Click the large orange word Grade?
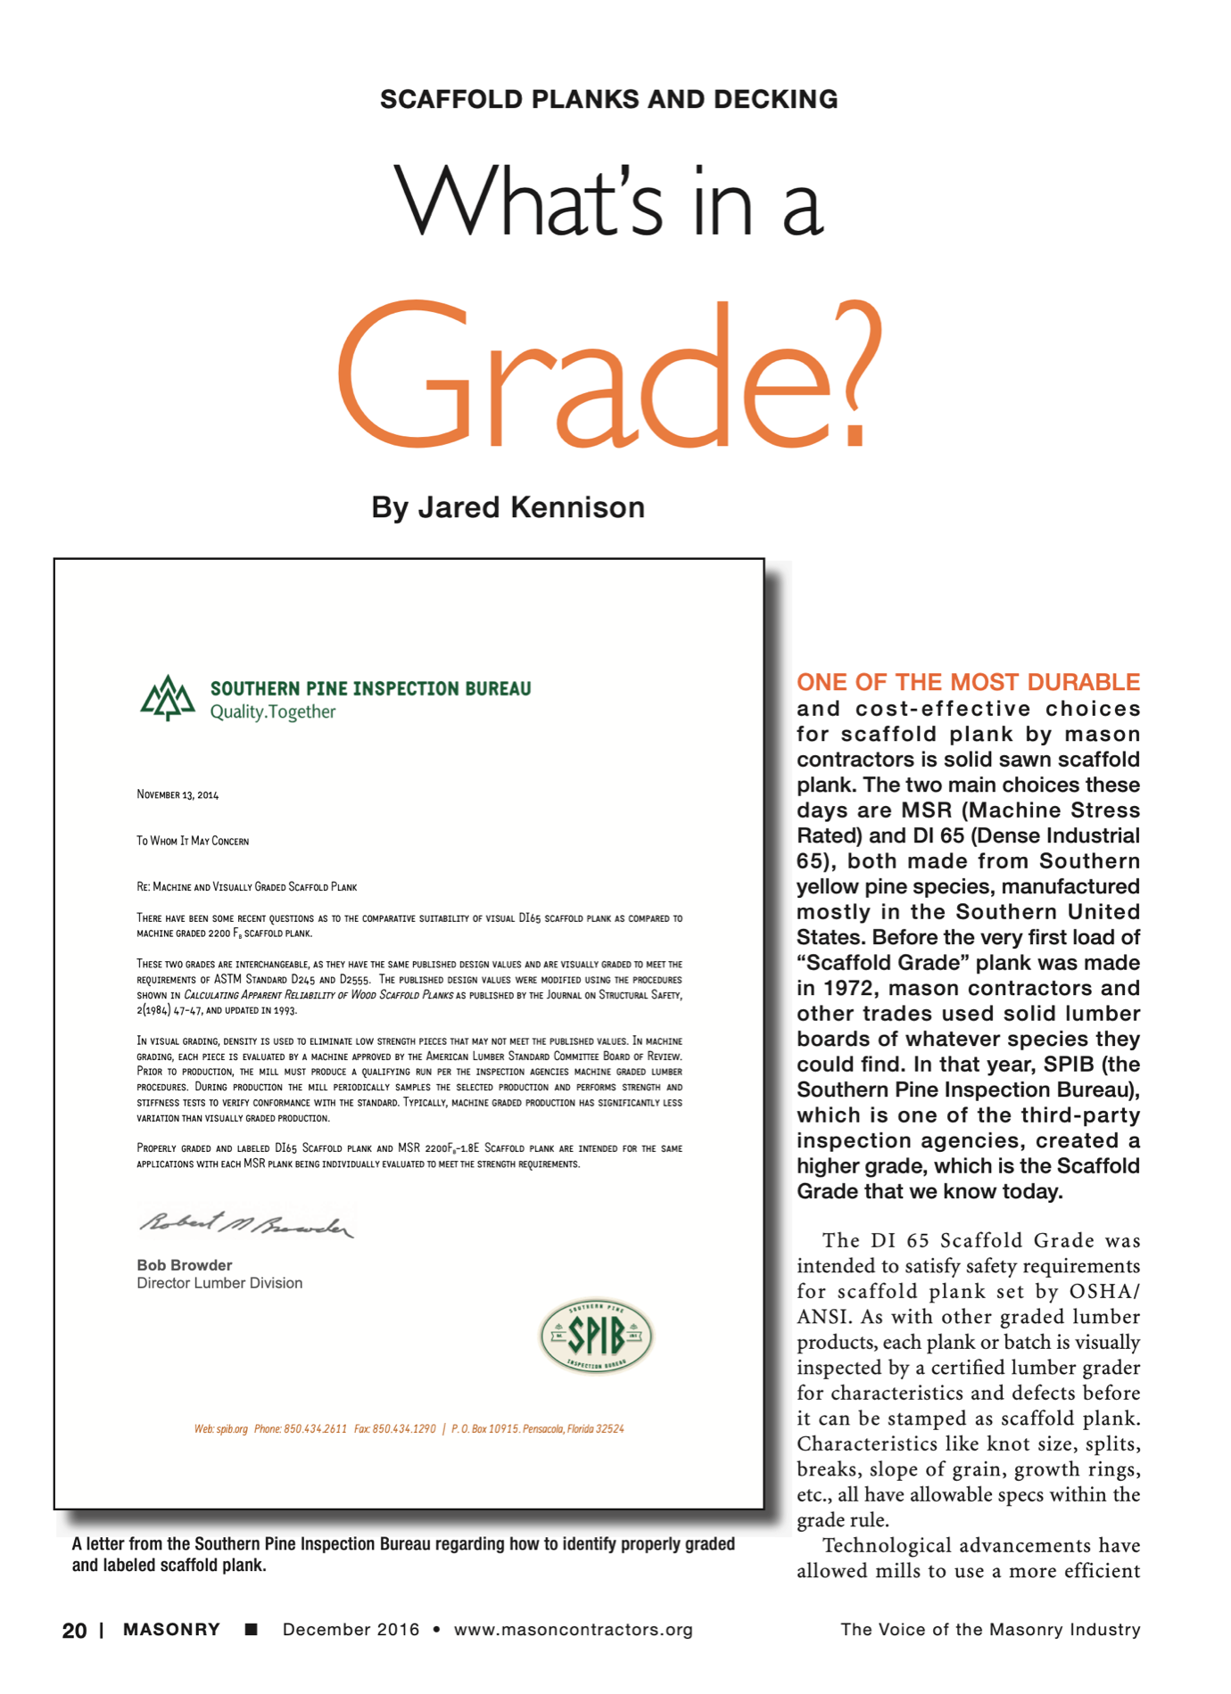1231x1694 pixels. pyautogui.click(x=608, y=374)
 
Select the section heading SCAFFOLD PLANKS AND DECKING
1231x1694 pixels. pyautogui.click(x=608, y=99)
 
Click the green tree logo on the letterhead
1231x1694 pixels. pyautogui.click(x=168, y=698)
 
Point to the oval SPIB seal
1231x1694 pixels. pyautogui.click(x=597, y=1336)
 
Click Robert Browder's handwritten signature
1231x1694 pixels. pyautogui.click(x=245, y=1225)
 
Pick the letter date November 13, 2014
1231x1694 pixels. pyautogui.click(x=178, y=794)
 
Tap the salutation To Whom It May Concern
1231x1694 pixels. pyautogui.click(x=193, y=841)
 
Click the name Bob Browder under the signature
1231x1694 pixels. pyautogui.click(x=185, y=1265)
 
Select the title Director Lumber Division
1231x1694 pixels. pyautogui.click(x=219, y=1283)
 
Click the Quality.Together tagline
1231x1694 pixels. pyautogui.click(x=273, y=711)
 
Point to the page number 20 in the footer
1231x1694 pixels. pyautogui.click(x=74, y=1631)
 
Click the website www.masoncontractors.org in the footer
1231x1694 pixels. pyautogui.click(x=574, y=1630)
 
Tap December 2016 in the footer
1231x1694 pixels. pyautogui.click(x=351, y=1630)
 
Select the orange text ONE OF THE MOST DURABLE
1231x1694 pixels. pyautogui.click(x=968, y=682)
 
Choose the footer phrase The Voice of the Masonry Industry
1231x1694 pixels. pyautogui.click(x=990, y=1630)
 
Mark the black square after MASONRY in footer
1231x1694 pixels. pyautogui.click(x=252, y=1630)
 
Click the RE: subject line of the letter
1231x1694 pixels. pyautogui.click(x=246, y=887)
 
